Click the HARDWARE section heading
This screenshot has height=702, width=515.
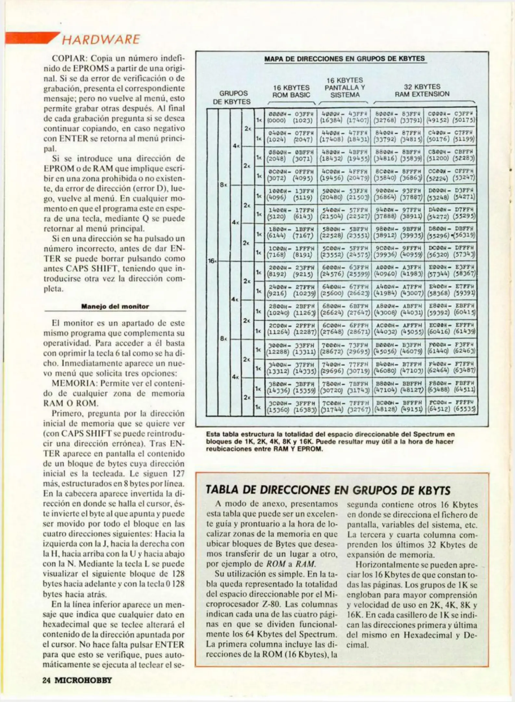tap(101, 40)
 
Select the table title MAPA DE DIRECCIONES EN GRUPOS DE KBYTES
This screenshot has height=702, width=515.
tap(344, 59)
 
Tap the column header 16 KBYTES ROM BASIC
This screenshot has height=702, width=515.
tap(291, 91)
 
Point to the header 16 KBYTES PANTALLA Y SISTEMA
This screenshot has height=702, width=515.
tap(345, 87)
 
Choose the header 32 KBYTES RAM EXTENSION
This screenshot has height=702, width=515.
tap(422, 90)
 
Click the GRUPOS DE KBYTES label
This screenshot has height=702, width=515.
tap(232, 97)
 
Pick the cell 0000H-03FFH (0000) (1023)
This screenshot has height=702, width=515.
tap(290, 117)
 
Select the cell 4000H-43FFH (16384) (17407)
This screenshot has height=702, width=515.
tap(344, 117)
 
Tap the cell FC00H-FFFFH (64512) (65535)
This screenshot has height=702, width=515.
tap(451, 406)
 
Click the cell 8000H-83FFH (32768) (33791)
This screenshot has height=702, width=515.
tap(398, 117)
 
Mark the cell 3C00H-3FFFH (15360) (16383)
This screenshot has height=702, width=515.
tap(290, 406)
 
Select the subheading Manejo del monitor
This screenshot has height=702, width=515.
tap(115, 306)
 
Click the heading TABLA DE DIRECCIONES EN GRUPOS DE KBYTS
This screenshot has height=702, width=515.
tap(328, 490)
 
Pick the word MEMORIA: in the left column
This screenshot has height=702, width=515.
tap(74, 383)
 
